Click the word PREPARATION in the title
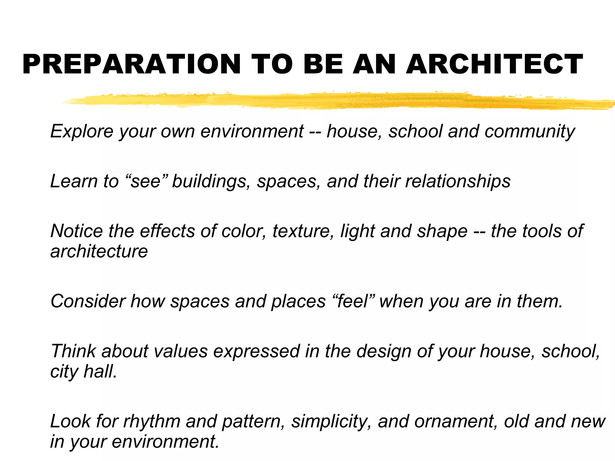pyautogui.click(x=132, y=64)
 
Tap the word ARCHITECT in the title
pyautogui.click(x=494, y=64)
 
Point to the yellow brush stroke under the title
pyautogui.click(x=330, y=101)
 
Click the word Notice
pyautogui.click(x=77, y=231)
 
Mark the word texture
pyautogui.click(x=303, y=231)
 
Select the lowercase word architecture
pyautogui.click(x=99, y=251)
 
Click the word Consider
pyautogui.click(x=88, y=301)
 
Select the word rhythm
pyautogui.click(x=152, y=422)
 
